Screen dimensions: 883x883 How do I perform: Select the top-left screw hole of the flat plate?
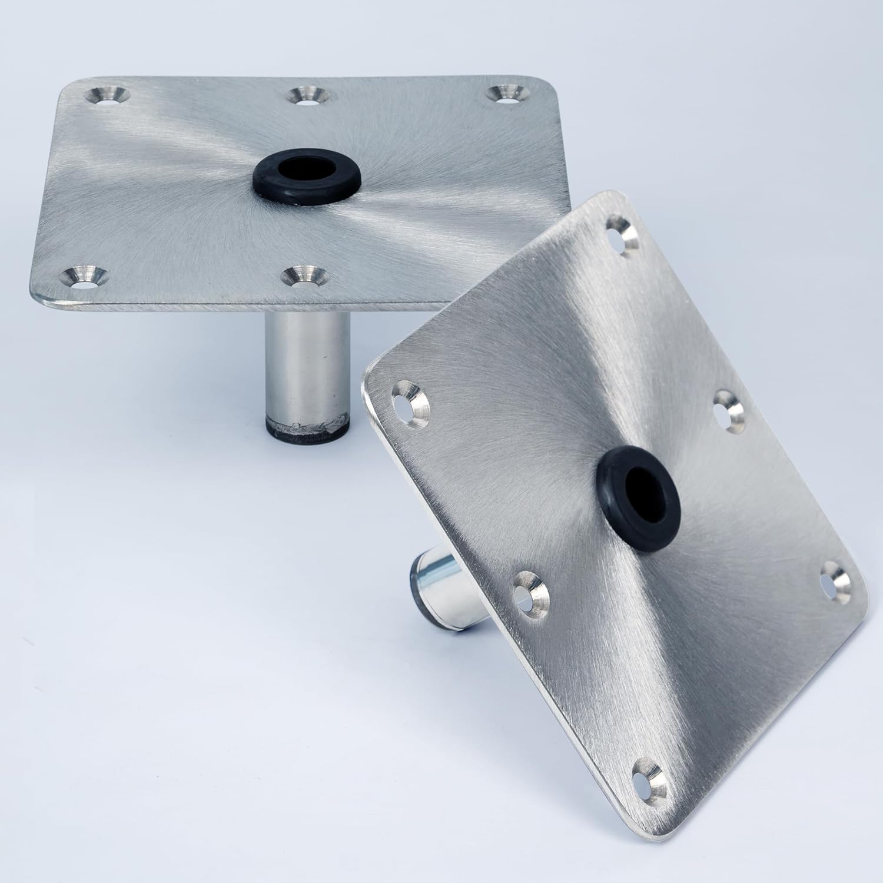pos(108,95)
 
